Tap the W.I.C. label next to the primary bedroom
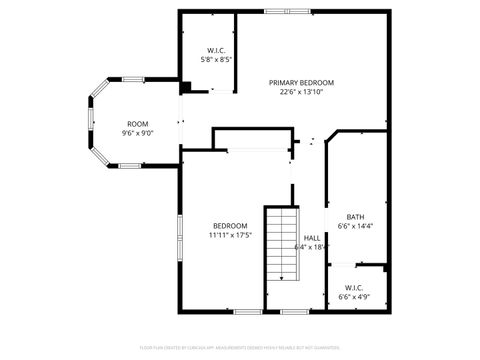click(x=216, y=50)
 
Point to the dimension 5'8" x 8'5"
click(x=216, y=60)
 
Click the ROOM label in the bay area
click(x=137, y=124)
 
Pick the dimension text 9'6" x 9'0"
click(x=137, y=133)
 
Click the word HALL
click(x=312, y=237)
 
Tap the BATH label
click(x=355, y=217)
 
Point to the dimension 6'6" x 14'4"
click(x=355, y=227)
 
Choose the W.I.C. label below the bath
click(x=355, y=287)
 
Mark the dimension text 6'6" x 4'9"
click(x=355, y=296)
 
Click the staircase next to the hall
click(x=282, y=240)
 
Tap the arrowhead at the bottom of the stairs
click(x=282, y=277)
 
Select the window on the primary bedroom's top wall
click(x=279, y=11)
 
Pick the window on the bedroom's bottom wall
click(x=247, y=311)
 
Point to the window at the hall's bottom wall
click(x=294, y=311)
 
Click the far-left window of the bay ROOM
click(x=91, y=125)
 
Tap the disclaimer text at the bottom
click(x=240, y=349)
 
